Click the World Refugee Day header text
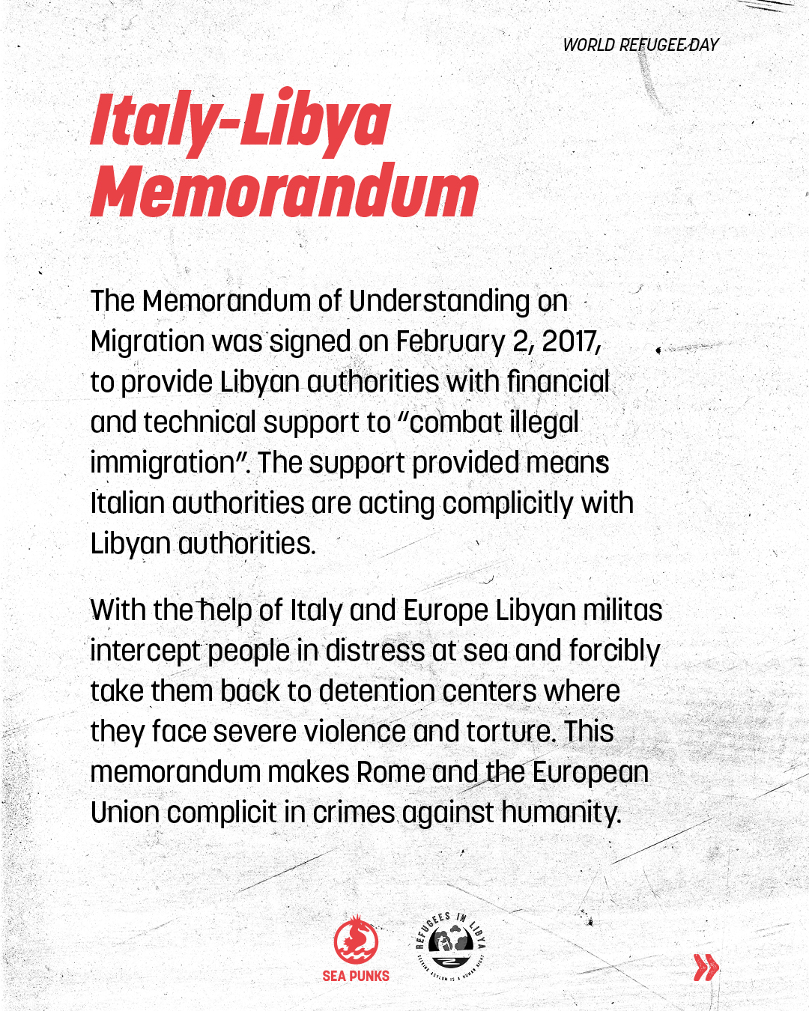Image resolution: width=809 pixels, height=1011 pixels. [x=640, y=45]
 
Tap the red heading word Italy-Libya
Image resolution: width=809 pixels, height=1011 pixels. [x=240, y=120]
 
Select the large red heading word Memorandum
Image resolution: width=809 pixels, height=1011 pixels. [x=285, y=191]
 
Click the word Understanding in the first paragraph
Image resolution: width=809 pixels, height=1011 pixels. [x=440, y=301]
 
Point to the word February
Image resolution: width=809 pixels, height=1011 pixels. [x=450, y=342]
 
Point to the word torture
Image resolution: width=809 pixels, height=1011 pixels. [x=510, y=732]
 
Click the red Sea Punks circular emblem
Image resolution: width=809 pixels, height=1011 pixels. [x=356, y=941]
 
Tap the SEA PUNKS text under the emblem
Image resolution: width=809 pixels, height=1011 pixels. [x=356, y=976]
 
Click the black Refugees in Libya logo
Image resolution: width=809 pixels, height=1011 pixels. [x=452, y=945]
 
